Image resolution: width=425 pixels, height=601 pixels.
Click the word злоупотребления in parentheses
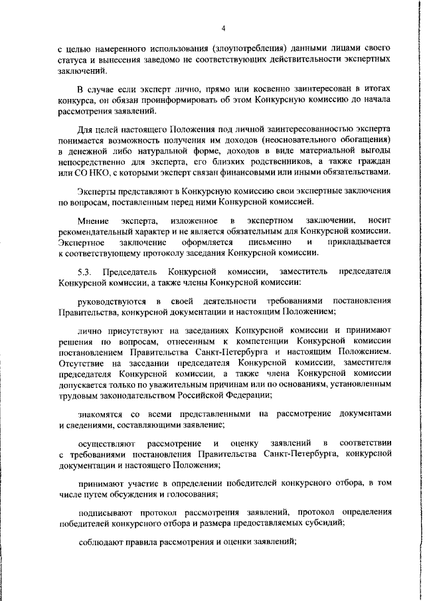246,48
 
